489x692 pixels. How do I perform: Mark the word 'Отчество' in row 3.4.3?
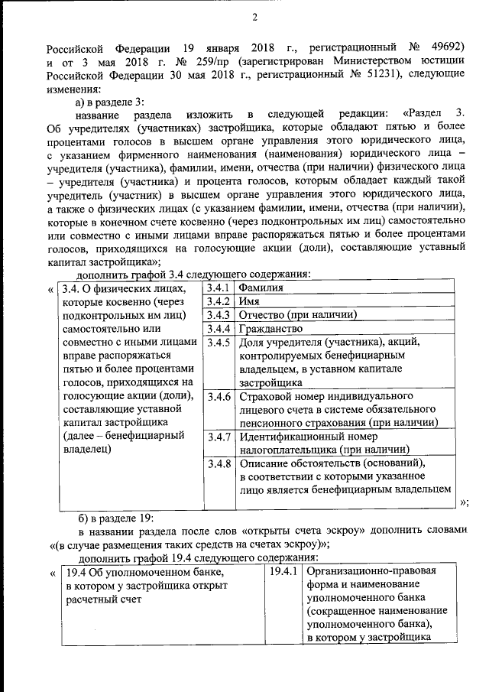[263, 315]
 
